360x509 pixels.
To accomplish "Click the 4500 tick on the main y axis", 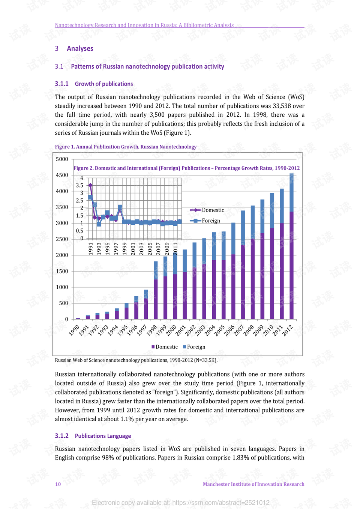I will pos(62,175).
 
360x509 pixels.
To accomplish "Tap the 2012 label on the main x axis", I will pos(288,330).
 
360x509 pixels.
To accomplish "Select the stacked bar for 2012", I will pos(292,248).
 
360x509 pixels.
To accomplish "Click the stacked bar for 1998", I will pos(156,291).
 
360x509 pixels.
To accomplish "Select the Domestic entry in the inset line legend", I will pos(213,210).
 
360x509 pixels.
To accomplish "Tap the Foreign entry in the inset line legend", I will pos(211,221).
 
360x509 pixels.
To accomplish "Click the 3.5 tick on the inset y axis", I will pos(79,185).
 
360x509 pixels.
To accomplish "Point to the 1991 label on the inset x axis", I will pos(91,249).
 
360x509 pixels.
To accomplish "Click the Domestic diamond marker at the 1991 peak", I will pos(90,185).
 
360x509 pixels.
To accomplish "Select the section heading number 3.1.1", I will pos(61,84).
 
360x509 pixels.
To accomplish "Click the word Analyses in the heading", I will pos(80,48).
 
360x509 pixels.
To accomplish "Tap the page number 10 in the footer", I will pos(58,484).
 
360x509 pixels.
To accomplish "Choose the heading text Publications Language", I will pos(103,436).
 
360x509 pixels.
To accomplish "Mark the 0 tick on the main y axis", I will pos(67,319).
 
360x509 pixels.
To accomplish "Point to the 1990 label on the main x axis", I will pos(74,330).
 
